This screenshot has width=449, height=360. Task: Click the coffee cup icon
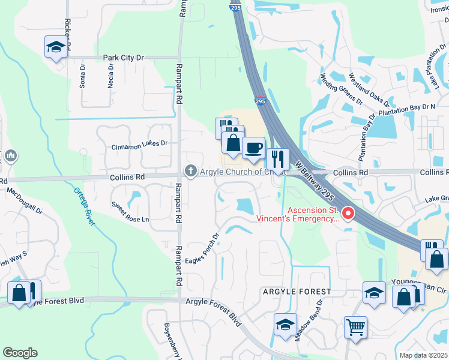point(253,148)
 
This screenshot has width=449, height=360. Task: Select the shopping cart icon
point(355,328)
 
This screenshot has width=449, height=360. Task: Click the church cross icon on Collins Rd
point(191,172)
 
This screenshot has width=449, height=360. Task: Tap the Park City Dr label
point(124,58)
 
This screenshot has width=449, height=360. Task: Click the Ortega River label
point(85,206)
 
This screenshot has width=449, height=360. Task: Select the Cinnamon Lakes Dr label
point(140,145)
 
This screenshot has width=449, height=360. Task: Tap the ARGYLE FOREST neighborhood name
point(296,292)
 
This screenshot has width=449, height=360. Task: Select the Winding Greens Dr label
point(341,88)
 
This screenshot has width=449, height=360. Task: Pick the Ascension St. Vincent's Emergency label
point(297,214)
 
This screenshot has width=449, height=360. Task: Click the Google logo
point(20,352)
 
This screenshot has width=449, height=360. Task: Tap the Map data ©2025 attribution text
point(423,355)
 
